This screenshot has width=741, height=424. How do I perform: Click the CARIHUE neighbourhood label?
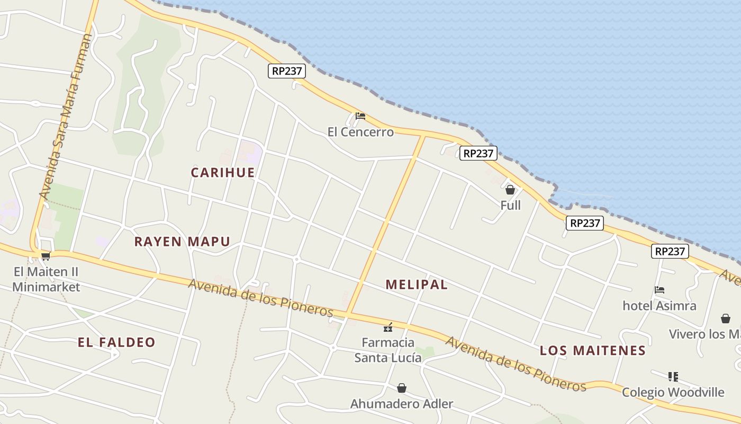(x=223, y=172)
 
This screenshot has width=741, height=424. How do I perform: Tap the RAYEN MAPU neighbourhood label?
(x=182, y=242)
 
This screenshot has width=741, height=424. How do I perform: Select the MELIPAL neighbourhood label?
(x=417, y=285)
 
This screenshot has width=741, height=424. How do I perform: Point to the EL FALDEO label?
(x=116, y=342)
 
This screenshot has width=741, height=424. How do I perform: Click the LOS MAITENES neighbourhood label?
(x=593, y=350)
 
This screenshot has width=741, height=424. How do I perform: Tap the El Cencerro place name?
(x=360, y=132)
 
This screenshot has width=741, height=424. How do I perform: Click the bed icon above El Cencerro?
(x=360, y=116)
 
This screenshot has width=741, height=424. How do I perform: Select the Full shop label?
(x=510, y=205)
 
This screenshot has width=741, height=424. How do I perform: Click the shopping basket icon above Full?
(x=510, y=189)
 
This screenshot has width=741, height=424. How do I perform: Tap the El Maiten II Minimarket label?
(x=46, y=279)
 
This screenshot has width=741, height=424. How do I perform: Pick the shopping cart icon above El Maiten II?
(x=46, y=257)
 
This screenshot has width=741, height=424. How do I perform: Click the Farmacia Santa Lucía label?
(x=388, y=350)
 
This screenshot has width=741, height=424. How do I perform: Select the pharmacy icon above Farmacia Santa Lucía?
(x=388, y=327)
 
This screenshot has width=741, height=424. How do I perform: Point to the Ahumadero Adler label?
(x=402, y=404)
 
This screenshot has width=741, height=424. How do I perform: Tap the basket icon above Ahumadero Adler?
(x=402, y=388)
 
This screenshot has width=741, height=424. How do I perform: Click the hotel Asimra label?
(x=659, y=306)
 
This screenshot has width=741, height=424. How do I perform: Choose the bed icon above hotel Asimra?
(x=659, y=290)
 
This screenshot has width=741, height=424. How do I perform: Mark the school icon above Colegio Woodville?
(x=673, y=376)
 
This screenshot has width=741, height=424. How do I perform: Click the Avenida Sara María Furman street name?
(x=66, y=117)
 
